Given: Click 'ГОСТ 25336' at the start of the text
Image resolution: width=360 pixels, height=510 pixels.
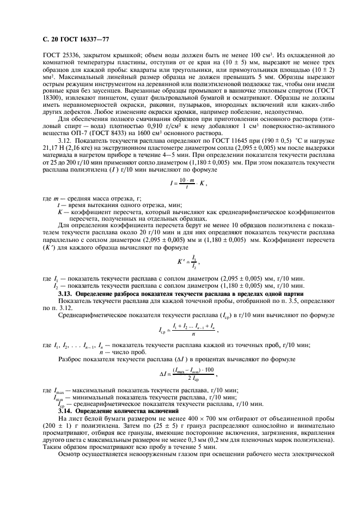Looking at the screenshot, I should [59, 56].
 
